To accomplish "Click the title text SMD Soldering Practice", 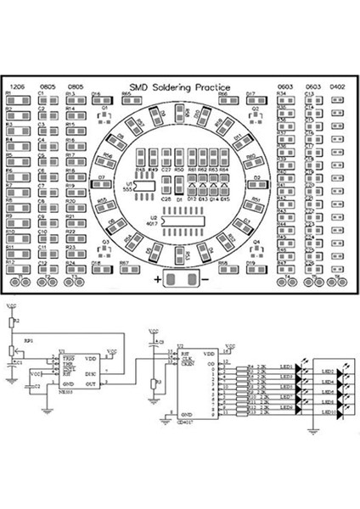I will [180, 86].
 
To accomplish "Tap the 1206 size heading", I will [16, 87].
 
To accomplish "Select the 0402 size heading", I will [337, 87].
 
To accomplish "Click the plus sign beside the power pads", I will [158, 279].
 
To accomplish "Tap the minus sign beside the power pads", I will [204, 279].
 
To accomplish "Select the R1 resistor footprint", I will [18, 101].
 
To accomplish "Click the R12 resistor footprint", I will [18, 271].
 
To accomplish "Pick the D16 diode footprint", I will [97, 101].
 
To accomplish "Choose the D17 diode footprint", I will [252, 101].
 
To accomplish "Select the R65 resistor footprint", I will [127, 101].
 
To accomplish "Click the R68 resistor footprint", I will [223, 271].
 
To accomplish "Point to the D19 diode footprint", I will [252, 271].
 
